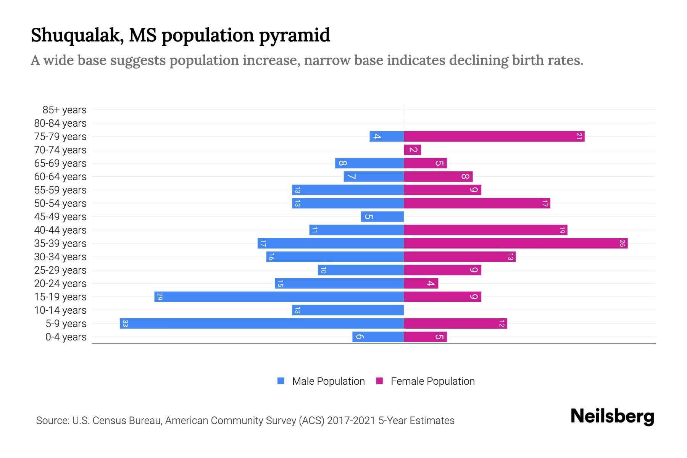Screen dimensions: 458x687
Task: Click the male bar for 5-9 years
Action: [262, 324]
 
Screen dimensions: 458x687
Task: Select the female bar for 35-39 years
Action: [516, 244]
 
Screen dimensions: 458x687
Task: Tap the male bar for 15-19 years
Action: [279, 297]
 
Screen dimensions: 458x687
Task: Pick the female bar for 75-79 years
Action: [494, 137]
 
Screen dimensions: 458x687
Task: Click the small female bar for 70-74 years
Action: [413, 150]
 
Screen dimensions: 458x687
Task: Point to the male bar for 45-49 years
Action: [382, 217]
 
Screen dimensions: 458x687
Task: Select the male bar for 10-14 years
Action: [348, 310]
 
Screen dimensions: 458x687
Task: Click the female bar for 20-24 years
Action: [421, 284]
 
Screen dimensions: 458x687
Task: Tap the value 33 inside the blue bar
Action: [125, 324]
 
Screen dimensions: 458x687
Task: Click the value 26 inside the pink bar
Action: [622, 244]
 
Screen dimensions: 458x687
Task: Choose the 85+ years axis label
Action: [65, 110]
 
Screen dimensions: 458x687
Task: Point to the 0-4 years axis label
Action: [66, 337]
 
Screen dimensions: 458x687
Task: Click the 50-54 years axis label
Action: [60, 203]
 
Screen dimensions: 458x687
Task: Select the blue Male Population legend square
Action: [281, 381]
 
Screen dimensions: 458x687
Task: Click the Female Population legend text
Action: [432, 381]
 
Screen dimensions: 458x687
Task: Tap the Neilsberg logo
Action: [612, 416]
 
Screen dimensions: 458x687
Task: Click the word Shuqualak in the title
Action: [75, 35]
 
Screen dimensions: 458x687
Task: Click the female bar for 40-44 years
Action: [485, 230]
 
